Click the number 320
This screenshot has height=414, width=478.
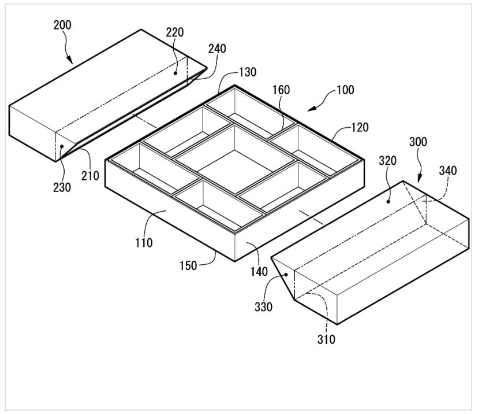[387, 161]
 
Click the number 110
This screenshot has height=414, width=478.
[144, 242]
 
